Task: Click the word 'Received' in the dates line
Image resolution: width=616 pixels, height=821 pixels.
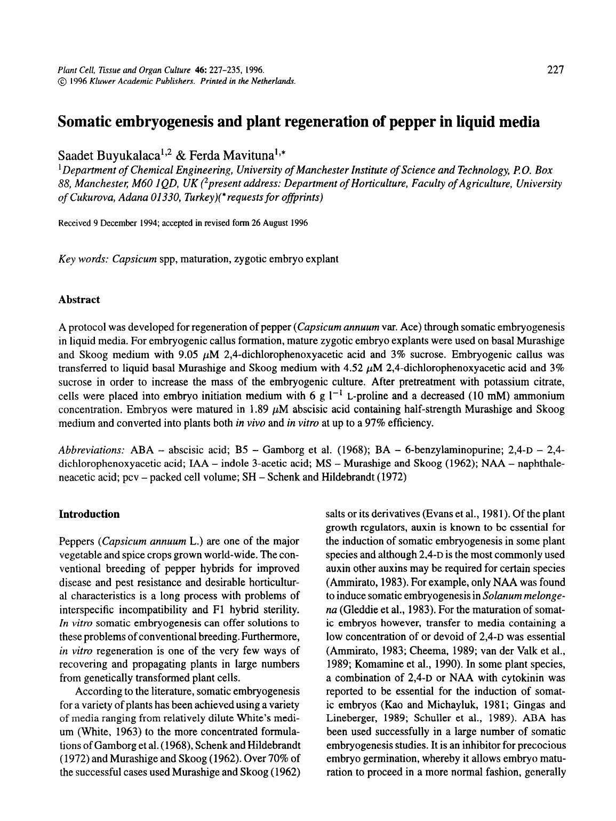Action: coord(75,223)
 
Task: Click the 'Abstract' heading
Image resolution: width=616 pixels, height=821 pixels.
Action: coord(79,299)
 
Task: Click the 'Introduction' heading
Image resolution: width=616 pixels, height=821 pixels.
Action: coord(89,514)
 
